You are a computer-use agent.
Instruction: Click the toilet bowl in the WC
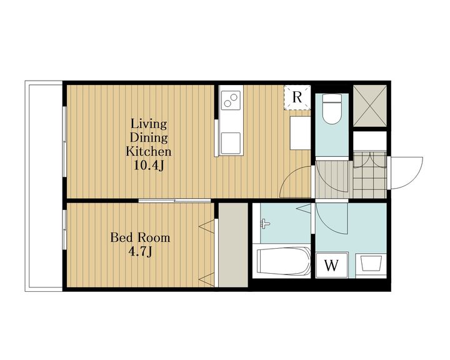332,109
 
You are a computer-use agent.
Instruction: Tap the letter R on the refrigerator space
297,97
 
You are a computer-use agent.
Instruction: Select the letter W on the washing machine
331,265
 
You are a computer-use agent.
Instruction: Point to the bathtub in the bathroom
283,261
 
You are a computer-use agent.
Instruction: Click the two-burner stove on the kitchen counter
231,99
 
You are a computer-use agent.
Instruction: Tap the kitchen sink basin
231,143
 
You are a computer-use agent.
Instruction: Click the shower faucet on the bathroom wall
265,224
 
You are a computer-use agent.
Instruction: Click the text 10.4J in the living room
149,165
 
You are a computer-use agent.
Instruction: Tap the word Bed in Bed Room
120,237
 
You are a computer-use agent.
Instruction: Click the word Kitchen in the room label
149,151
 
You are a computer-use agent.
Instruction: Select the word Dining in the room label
149,137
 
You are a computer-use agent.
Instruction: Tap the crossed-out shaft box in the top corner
369,106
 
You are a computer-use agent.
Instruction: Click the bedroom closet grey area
233,245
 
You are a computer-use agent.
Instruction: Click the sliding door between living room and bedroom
174,201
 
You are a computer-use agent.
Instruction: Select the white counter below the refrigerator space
300,133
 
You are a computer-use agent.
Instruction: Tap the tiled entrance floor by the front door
369,175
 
